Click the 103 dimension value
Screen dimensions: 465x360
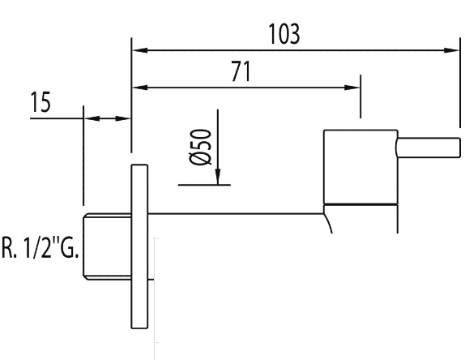[x=284, y=34]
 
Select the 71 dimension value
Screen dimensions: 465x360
[x=241, y=71]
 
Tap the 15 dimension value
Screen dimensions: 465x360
[x=41, y=102]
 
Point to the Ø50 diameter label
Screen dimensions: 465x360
[x=200, y=147]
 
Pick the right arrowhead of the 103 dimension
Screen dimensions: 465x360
[x=452, y=50]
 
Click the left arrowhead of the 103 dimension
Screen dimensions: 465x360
[x=140, y=50]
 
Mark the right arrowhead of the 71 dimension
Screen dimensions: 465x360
[x=352, y=88]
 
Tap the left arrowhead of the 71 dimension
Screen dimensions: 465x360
[x=140, y=88]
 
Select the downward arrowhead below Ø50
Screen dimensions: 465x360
[x=218, y=177]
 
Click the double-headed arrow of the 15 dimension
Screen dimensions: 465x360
[x=108, y=118]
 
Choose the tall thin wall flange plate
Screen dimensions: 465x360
[x=139, y=246]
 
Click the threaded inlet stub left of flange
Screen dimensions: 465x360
[x=107, y=246]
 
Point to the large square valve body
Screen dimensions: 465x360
[x=360, y=167]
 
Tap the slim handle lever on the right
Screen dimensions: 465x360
[x=429, y=148]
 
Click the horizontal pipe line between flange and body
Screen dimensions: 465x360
[x=236, y=214]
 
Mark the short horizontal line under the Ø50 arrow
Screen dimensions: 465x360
[x=204, y=185]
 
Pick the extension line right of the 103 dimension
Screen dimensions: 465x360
[x=460, y=83]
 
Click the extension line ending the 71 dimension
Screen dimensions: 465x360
[x=360, y=96]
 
